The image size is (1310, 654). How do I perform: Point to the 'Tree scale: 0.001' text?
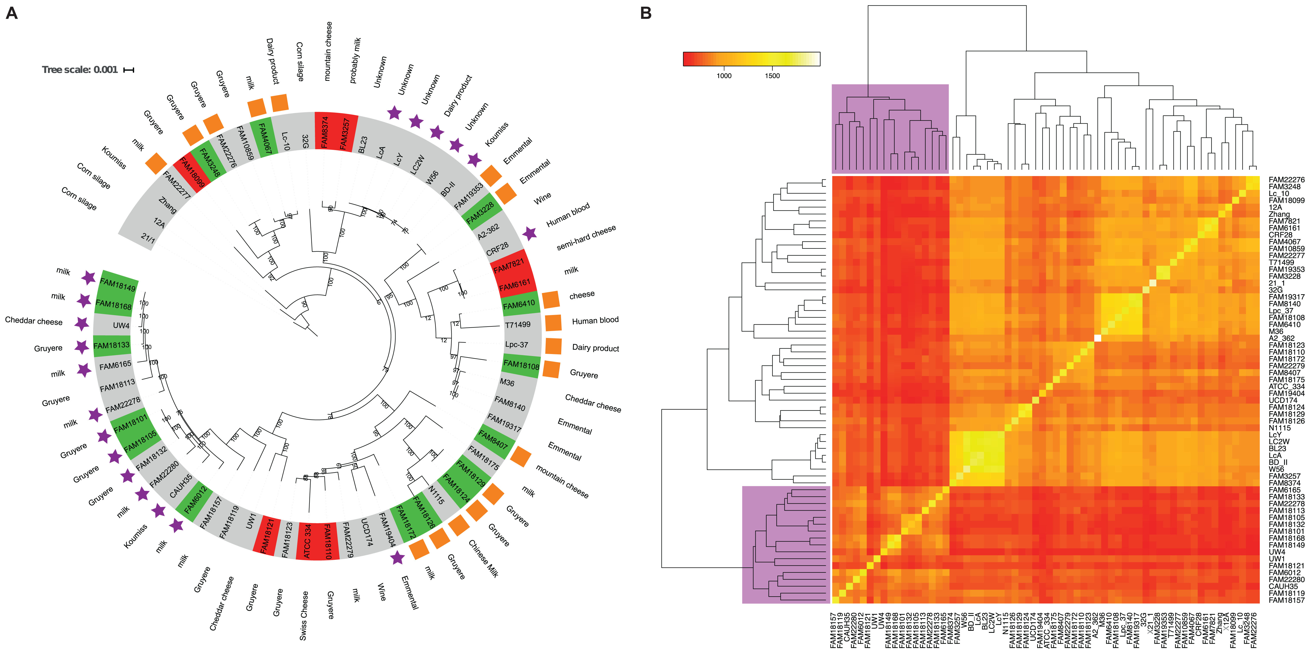[x=80, y=70]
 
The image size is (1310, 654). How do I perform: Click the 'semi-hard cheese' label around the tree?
[x=586, y=237]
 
